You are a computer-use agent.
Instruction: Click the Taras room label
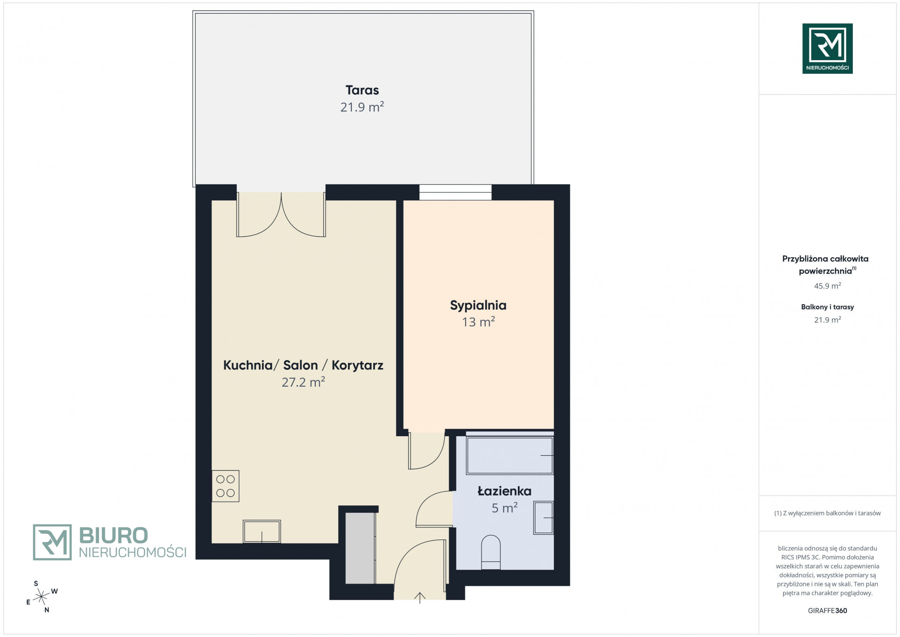pos(362,90)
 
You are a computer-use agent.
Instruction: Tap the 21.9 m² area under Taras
pos(362,107)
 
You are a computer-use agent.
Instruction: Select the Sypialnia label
pos(478,305)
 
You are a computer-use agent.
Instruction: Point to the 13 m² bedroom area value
pos(478,322)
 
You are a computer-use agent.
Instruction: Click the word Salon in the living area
pos(300,365)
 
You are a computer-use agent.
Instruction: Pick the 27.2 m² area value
pos(303,382)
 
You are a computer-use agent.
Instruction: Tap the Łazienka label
pos(504,491)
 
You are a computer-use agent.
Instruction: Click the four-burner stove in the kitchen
pos(226,486)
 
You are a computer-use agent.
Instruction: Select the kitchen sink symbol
pos(262,531)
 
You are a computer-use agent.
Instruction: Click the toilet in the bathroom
pos(490,552)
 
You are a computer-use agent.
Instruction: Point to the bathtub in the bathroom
pos(510,455)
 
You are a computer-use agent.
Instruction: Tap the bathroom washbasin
pos(544,517)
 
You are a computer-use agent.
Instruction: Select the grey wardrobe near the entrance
pos(360,548)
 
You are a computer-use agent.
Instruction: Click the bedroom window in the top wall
pos(455,192)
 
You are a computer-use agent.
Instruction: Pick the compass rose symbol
pos(42,596)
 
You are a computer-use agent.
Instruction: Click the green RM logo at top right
pos(827,49)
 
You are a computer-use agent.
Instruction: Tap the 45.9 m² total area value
pos(827,286)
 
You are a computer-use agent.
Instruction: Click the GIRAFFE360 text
pos(827,610)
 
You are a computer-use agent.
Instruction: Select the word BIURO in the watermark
pos(113,535)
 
